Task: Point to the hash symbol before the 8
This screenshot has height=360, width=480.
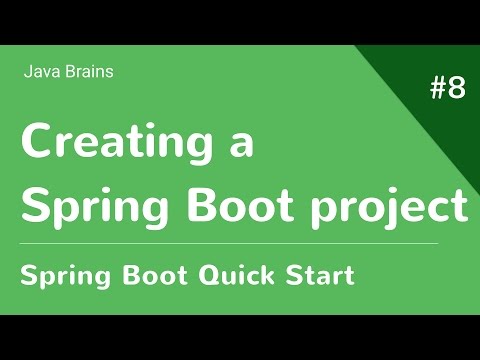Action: (438, 89)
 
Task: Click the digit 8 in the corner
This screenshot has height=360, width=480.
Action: (456, 89)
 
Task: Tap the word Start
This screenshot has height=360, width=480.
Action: (318, 274)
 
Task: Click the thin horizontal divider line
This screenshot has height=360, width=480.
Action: (230, 243)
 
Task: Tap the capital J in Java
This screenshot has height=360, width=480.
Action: (26, 71)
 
